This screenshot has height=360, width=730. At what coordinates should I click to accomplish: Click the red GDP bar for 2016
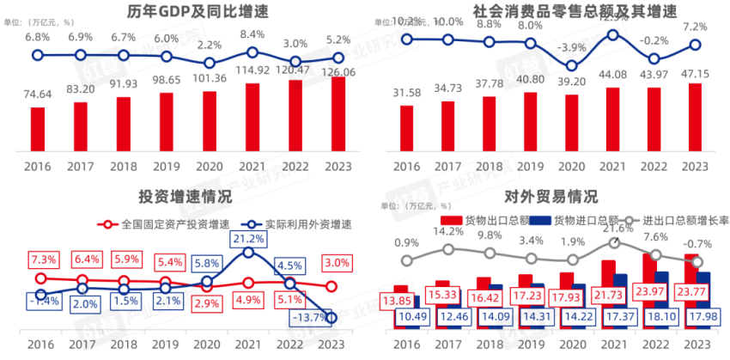click(x=38, y=129)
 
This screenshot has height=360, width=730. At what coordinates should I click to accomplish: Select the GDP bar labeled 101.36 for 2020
click(x=209, y=120)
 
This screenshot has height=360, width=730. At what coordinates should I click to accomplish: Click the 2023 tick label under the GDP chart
click(x=337, y=165)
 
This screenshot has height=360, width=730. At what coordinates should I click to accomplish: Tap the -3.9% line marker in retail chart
click(x=571, y=65)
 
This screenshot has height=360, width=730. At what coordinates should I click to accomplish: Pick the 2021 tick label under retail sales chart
click(x=612, y=165)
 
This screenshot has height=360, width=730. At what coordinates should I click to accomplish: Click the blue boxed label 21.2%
click(x=248, y=238)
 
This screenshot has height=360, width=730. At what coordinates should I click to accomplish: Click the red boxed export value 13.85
click(x=396, y=301)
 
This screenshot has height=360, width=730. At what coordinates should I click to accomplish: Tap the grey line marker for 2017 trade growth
click(x=447, y=249)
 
